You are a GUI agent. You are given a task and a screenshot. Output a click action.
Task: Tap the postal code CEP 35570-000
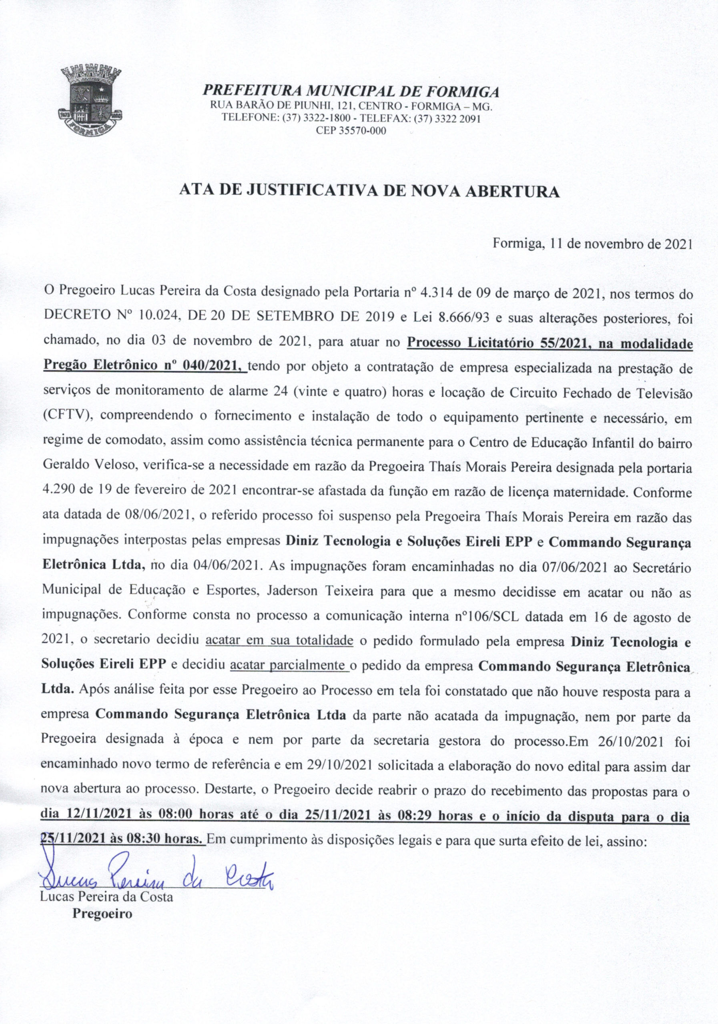point(351,131)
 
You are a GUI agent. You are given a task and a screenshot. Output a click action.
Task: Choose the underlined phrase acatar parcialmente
point(290,666)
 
